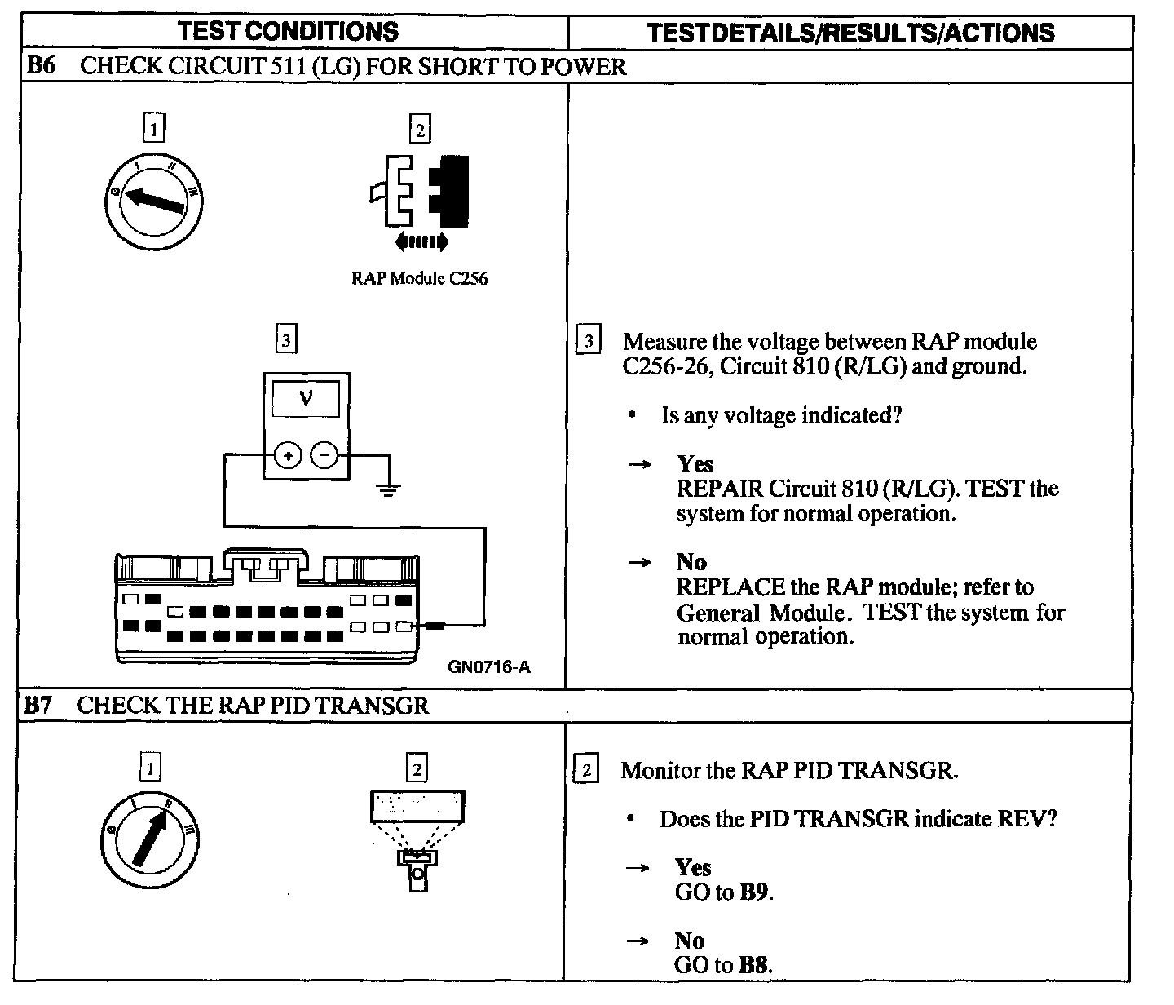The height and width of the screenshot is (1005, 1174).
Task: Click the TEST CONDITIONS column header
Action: tap(288, 32)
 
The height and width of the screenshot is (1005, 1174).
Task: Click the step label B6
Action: tap(40, 66)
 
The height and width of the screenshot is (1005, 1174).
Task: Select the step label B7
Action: tap(38, 705)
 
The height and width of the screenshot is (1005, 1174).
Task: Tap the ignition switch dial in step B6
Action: tap(154, 200)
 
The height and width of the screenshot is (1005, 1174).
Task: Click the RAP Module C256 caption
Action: tap(419, 278)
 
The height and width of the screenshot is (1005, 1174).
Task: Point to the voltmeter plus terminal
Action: tap(287, 456)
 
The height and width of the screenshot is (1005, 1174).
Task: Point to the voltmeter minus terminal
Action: tap(324, 456)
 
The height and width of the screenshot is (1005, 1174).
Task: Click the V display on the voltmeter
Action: tap(306, 399)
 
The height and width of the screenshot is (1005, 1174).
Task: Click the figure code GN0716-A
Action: tap(488, 667)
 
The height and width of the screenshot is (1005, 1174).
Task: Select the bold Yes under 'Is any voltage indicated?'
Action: tap(695, 464)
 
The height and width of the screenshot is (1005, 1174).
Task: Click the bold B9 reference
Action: tap(754, 892)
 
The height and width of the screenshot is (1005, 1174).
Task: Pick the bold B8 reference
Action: tap(754, 966)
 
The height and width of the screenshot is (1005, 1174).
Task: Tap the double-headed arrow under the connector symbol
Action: tap(420, 241)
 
